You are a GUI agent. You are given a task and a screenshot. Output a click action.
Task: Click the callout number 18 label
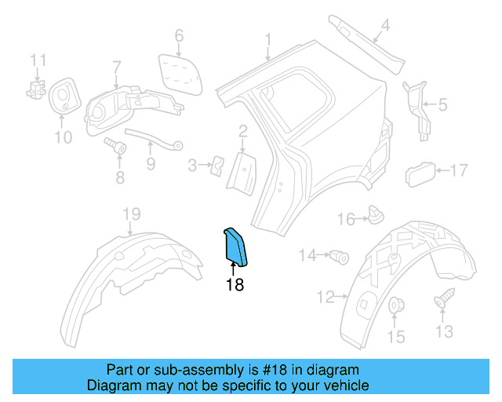(x=235, y=285)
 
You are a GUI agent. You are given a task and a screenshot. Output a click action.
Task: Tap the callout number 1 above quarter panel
(x=267, y=38)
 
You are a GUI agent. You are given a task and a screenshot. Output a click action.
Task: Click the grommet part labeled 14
(x=340, y=255)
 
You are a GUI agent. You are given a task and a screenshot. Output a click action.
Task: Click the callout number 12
(x=325, y=297)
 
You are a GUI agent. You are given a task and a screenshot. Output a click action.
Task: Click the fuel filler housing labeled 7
(x=118, y=110)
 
